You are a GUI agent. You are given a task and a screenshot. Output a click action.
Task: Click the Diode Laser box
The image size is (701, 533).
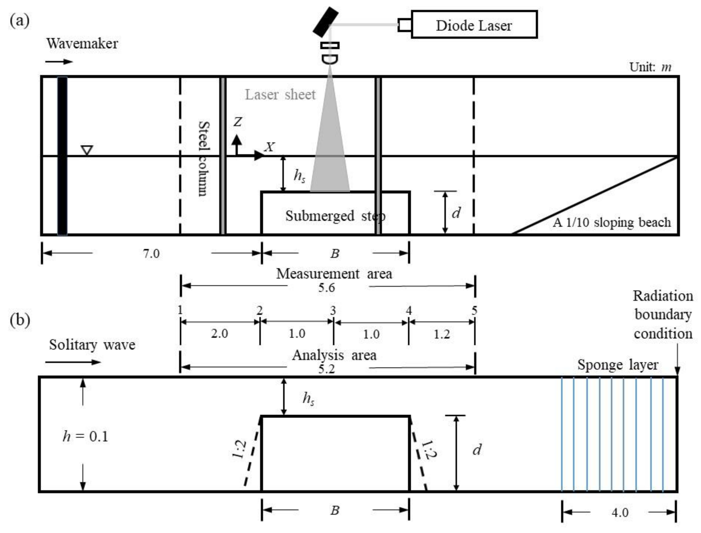[474, 25]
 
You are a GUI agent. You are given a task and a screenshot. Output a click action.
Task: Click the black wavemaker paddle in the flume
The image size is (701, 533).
[62, 156]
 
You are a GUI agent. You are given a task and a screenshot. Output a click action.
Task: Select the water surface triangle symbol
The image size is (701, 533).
[87, 150]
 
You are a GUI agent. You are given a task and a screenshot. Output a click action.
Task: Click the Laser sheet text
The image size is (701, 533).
[280, 95]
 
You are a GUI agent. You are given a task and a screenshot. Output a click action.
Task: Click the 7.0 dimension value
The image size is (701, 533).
[151, 254]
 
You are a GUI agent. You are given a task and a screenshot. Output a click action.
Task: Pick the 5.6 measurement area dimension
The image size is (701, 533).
[327, 288]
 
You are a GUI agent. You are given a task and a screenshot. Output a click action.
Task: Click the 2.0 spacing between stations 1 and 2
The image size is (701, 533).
[220, 333]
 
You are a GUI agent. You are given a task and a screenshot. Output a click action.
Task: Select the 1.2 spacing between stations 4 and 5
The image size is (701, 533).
[442, 334]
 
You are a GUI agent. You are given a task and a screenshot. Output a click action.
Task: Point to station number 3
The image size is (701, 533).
[333, 310]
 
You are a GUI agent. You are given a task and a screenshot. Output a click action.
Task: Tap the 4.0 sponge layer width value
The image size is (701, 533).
[620, 512]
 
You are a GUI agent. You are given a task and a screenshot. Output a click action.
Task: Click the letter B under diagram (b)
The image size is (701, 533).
[335, 510]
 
